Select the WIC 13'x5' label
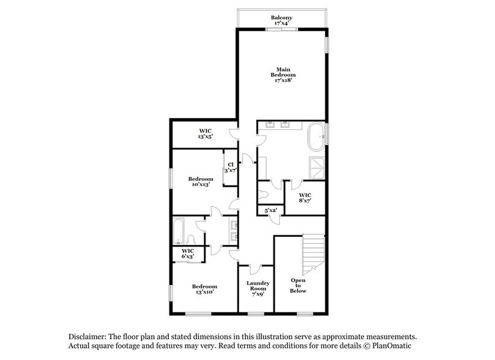[205, 134]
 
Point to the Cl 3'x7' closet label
[231, 167]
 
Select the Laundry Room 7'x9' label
[255, 287]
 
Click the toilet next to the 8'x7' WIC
[264, 193]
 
